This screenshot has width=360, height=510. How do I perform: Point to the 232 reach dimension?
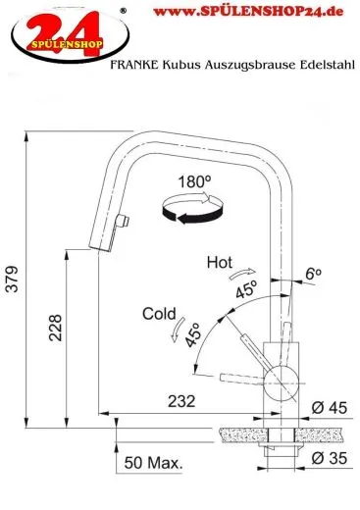180,399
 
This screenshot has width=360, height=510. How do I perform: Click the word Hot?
221,262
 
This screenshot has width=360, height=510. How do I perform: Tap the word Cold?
160,314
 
